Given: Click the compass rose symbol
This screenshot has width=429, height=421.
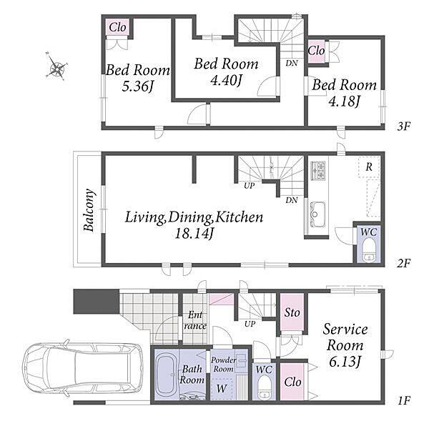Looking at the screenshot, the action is click(57, 66).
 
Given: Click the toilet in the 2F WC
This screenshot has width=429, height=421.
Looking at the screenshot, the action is click(370, 249).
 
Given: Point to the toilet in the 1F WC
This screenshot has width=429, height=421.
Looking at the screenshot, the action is click(265, 387).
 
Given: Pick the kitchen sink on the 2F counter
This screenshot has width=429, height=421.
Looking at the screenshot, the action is click(317, 214).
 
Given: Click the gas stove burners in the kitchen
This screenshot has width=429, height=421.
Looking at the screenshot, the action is click(318, 171).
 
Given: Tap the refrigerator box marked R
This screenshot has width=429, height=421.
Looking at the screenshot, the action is click(369, 167).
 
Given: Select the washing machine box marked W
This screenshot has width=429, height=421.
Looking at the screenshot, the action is click(222, 389).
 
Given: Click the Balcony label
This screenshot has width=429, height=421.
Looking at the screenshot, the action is click(90, 210).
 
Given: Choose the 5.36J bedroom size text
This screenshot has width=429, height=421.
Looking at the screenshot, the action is click(138, 86).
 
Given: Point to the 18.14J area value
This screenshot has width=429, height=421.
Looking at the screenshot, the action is click(194, 234).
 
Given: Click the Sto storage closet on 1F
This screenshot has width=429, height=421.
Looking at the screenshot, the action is click(292, 312).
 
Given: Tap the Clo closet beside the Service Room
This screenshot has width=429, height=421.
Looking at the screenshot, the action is click(292, 382).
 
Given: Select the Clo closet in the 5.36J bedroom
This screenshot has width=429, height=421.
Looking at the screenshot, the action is click(118, 27).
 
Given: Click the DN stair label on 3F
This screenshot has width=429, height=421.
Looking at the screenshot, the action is click(292, 63).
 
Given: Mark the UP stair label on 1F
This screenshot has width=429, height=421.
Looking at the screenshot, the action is click(250, 325).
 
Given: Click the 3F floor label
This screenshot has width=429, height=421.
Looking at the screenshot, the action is click(403, 127).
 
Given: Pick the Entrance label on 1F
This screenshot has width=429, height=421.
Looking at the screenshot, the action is click(195, 320).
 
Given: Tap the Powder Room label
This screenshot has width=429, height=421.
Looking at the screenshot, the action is click(224, 365).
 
